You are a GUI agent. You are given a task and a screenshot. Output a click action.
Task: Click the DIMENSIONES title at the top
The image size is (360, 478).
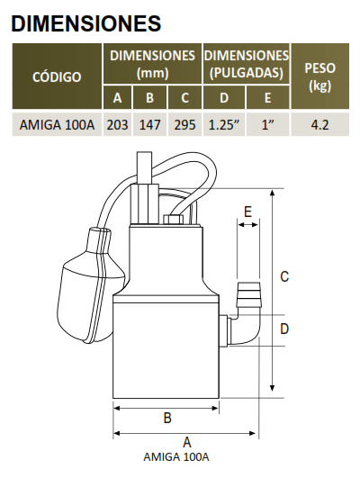point(86,23)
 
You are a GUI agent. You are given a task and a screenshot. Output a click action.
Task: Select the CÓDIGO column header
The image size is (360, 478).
point(57,77)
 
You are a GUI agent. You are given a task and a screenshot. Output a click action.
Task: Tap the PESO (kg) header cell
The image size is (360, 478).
point(319,77)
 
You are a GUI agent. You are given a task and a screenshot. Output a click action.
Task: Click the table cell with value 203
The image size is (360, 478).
point(117,124)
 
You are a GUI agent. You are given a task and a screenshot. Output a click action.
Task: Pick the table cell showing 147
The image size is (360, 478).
point(149,124)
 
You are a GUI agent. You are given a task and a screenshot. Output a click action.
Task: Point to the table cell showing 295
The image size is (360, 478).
point(184,124)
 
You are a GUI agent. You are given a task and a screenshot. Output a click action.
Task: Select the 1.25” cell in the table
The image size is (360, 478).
point(224,124)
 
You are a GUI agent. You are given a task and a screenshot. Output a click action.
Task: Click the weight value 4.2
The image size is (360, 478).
point(319,124)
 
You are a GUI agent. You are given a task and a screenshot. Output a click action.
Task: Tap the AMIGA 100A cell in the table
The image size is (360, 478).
point(57,124)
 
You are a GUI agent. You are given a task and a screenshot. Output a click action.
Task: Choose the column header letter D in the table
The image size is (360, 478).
point(224,97)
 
